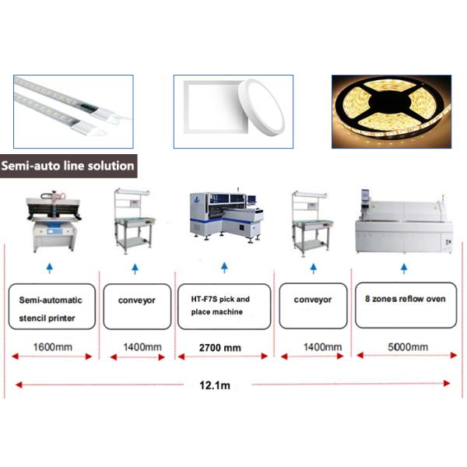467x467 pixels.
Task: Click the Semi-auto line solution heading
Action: pyautogui.click(x=68, y=166)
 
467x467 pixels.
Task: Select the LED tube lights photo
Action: pyautogui.click(x=73, y=111)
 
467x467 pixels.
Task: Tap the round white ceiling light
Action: pyautogui.click(x=262, y=107)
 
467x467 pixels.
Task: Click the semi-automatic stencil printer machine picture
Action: pyautogui.click(x=54, y=220)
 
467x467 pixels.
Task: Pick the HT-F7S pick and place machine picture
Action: pyautogui.click(x=226, y=215)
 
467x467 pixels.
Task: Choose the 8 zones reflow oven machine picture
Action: pyautogui.click(x=404, y=221)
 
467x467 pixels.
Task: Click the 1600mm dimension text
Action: pyautogui.click(x=53, y=347)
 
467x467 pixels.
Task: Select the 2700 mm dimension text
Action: pyautogui.click(x=220, y=348)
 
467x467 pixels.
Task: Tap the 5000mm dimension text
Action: pyautogui.click(x=408, y=347)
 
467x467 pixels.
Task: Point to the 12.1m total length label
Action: pyautogui.click(x=215, y=385)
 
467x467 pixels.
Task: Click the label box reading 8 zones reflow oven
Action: pyautogui.click(x=406, y=305)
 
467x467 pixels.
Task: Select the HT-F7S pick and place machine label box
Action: pyautogui.click(x=224, y=307)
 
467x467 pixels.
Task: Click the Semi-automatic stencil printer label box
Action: pyautogui.click(x=52, y=307)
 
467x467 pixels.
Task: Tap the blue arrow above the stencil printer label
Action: pyautogui.click(x=50, y=268)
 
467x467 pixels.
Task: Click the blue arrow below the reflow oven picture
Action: pyautogui.click(x=404, y=269)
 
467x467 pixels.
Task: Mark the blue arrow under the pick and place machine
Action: pyautogui.click(x=225, y=268)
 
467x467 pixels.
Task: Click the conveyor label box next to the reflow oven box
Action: pyautogui.click(x=313, y=306)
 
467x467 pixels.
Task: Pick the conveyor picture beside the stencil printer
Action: pyautogui.click(x=135, y=221)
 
